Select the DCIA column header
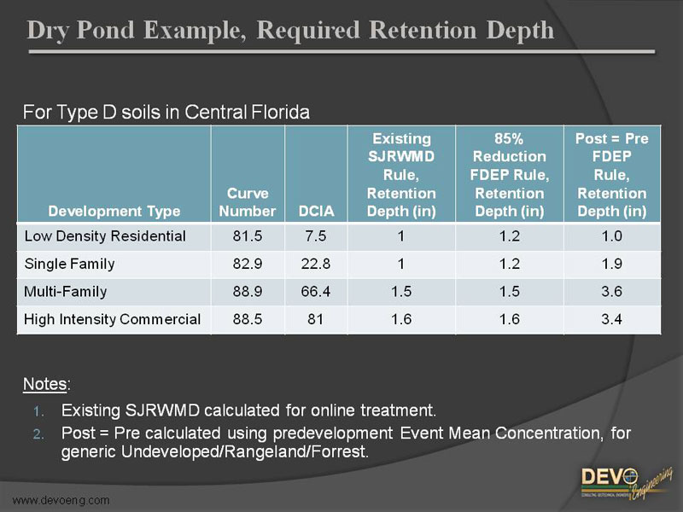[x=316, y=211]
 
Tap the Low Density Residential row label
[x=105, y=236]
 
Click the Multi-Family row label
[x=66, y=291]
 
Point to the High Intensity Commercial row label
[x=113, y=319]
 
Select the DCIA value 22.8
[x=316, y=264]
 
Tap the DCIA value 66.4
[x=316, y=291]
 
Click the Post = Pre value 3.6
[x=611, y=291]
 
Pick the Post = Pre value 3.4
[x=611, y=319]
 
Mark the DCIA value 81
[x=316, y=319]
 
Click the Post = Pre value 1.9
[x=611, y=264]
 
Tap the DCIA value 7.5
[x=316, y=236]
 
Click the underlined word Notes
[x=44, y=384]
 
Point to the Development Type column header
[x=114, y=211]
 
